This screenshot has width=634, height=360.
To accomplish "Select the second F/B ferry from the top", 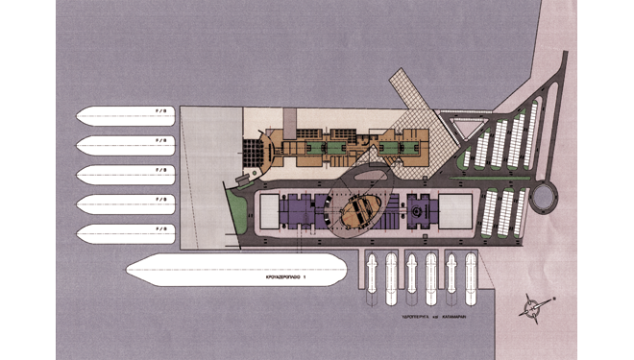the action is click(125, 145).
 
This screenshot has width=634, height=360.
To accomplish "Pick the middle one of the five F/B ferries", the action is click(125, 174).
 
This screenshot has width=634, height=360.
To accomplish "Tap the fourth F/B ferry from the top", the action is click(125, 204).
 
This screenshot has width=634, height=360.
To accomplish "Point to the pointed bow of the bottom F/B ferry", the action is click(80, 233).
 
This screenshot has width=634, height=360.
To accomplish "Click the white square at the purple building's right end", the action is click(456, 211).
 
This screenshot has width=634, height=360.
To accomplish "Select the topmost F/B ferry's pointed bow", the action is click(80, 115).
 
